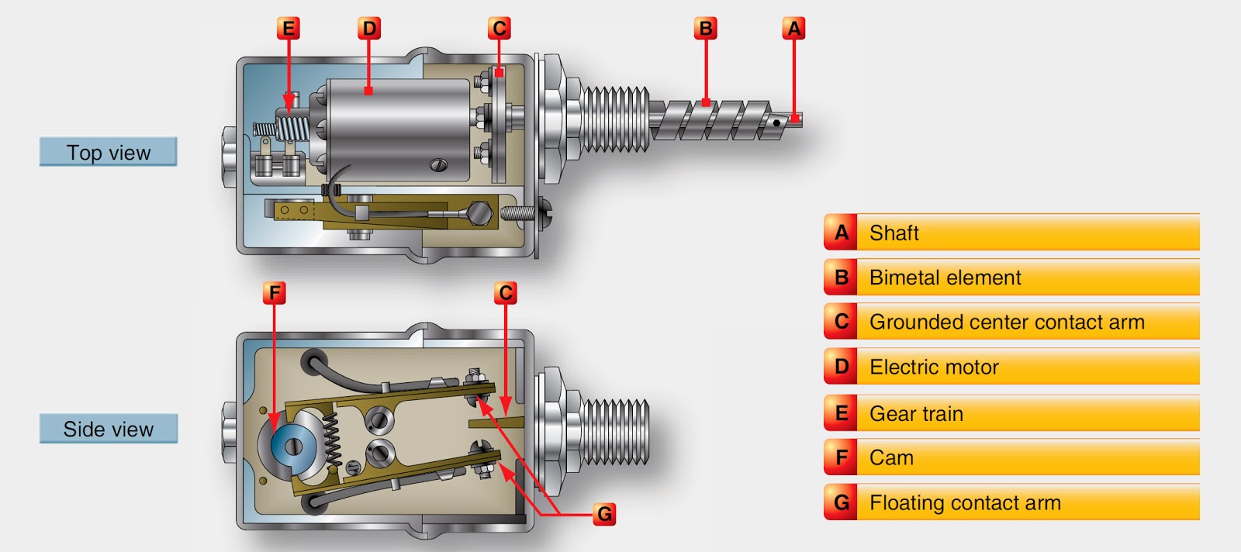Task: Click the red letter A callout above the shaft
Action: point(793,29)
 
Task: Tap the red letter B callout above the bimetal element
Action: point(705,29)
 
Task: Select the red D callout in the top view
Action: point(369,29)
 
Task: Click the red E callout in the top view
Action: point(289,29)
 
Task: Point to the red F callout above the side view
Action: point(274,293)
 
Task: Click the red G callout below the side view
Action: point(604,513)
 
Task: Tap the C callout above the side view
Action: point(506,293)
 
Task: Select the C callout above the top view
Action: point(499,29)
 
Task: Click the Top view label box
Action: point(109,152)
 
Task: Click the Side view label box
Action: point(109,429)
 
